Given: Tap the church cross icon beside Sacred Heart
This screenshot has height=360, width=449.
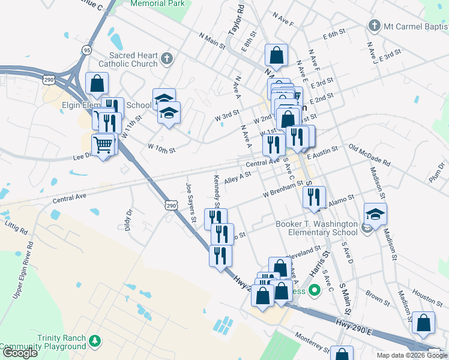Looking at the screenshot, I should (x=167, y=59).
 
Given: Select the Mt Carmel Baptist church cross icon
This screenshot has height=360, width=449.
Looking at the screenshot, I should (x=374, y=26).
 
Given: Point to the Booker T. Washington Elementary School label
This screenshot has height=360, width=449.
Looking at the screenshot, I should (x=316, y=228).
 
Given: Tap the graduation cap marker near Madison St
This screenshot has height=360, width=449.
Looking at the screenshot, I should (x=375, y=215).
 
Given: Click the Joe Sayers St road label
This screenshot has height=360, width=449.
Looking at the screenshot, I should (x=191, y=202).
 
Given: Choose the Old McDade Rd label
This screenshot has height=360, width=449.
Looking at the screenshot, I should (x=369, y=155).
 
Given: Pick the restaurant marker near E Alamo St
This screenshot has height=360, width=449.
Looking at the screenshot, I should (x=314, y=197).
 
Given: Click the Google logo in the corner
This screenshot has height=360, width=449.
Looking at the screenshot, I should (x=20, y=353).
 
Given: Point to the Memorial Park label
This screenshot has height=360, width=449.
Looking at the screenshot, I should (x=157, y=3).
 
